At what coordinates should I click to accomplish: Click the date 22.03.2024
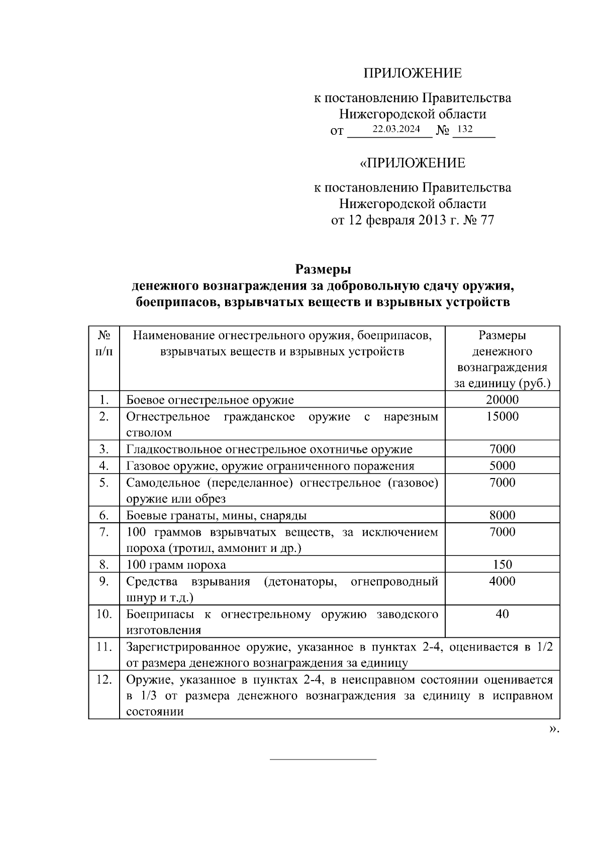[x=396, y=129]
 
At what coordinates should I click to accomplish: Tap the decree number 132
[x=465, y=129]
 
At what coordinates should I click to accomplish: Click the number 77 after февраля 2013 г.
[x=487, y=220]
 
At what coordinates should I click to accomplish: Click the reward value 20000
[x=502, y=400]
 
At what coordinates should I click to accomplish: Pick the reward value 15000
[x=502, y=416]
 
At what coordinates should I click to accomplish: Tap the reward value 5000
[x=502, y=465]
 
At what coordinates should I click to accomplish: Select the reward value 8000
[x=502, y=515]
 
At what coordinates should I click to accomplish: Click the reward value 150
[x=502, y=564]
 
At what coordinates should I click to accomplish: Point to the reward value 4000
[x=502, y=581]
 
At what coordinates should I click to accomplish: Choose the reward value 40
[x=502, y=614]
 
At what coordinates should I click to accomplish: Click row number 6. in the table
[x=104, y=515]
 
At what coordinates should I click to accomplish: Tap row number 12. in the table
[x=104, y=680]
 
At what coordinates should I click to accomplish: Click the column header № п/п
[x=104, y=343]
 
